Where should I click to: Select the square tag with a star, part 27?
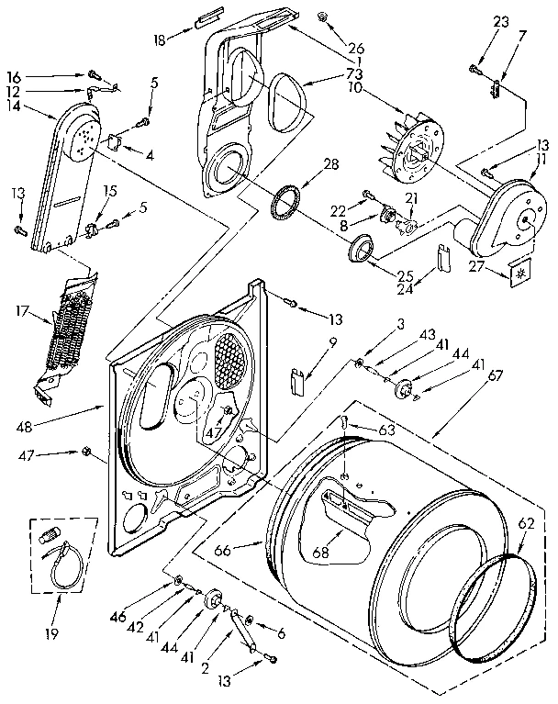coord(519,273)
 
